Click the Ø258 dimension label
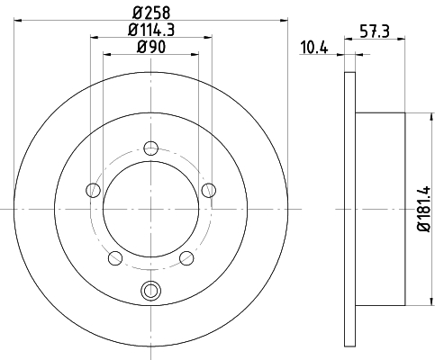tap(151, 13)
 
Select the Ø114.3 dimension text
tap(151, 30)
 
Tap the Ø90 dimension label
tap(151, 47)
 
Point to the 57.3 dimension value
tap(375, 31)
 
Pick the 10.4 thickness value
tap(314, 48)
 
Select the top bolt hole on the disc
tap(150, 148)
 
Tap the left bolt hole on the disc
tap(93, 190)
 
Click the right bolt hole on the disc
tap(208, 190)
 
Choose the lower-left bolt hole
tap(115, 258)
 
